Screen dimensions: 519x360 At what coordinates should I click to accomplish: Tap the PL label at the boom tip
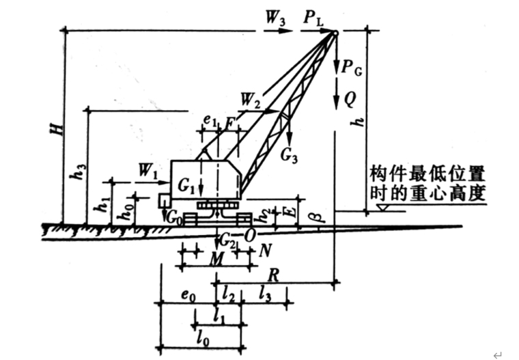[x=314, y=19]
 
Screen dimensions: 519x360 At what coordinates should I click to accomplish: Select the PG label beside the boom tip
[x=352, y=68]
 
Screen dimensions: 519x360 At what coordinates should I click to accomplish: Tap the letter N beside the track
[x=264, y=250]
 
